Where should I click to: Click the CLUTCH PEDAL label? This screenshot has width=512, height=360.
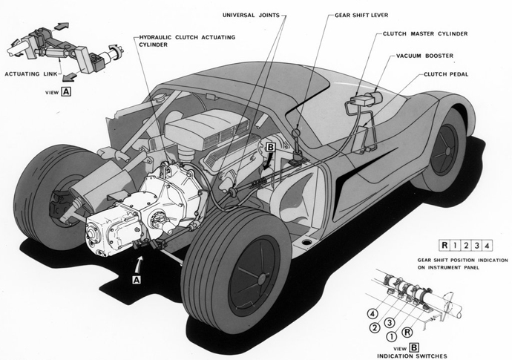tap(446, 74)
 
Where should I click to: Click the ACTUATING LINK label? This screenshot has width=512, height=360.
tap(28, 74)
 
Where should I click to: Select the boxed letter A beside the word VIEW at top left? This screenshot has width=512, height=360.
tap(66, 92)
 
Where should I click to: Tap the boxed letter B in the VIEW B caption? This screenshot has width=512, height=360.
tap(413, 347)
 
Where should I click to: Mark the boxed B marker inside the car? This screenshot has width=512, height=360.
tap(270, 149)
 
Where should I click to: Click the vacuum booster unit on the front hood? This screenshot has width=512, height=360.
tap(363, 97)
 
